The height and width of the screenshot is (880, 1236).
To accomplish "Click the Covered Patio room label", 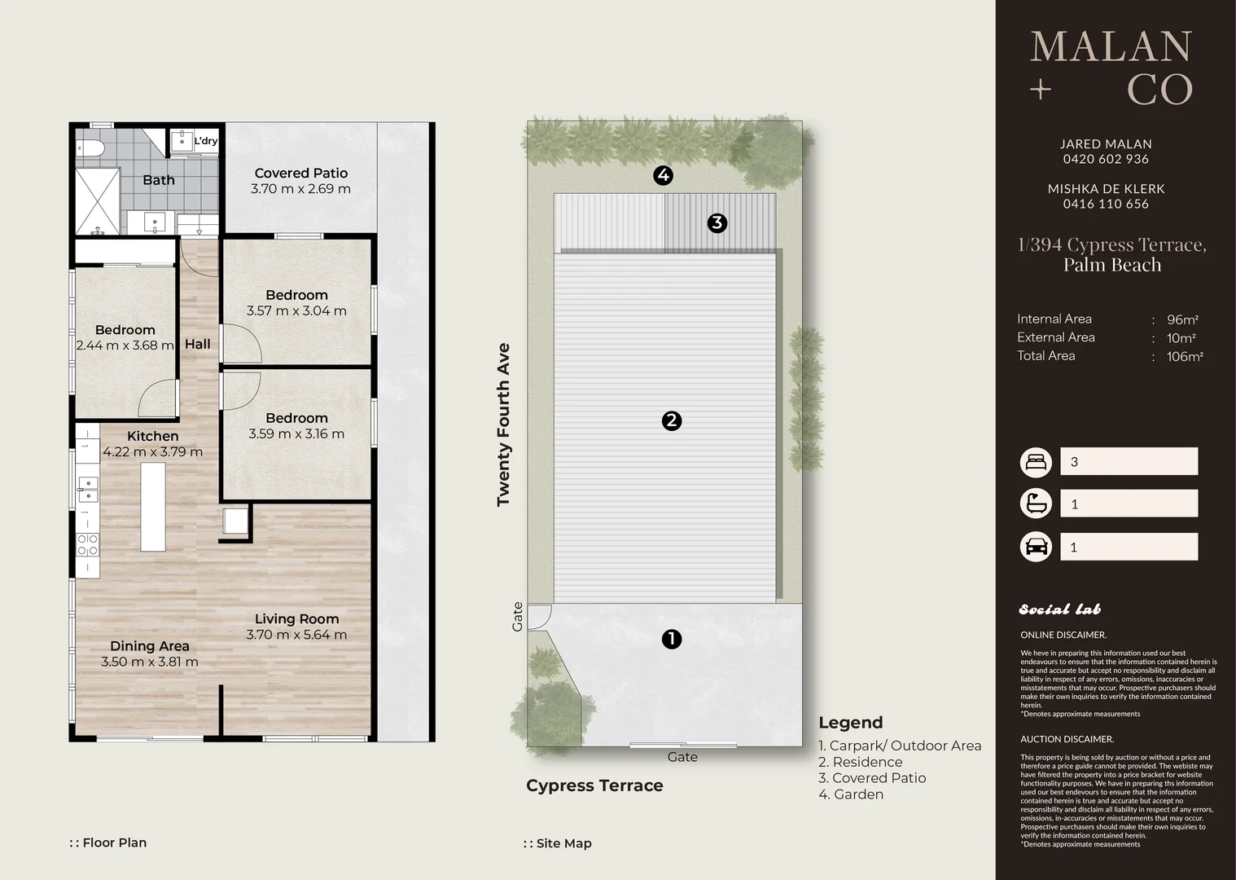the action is click(x=300, y=174).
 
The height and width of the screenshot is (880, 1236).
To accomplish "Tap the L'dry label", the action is click(x=206, y=141).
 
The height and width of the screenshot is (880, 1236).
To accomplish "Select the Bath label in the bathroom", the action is click(x=159, y=180).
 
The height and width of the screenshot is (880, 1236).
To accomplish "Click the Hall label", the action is click(x=198, y=344).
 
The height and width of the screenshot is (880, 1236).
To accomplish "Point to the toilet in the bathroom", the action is click(x=90, y=148).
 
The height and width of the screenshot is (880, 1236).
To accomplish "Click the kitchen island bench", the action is click(x=153, y=507).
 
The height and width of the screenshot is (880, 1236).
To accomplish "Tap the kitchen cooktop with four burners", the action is click(x=87, y=544).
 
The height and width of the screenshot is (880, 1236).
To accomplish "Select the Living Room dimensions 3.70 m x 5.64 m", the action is click(x=296, y=635).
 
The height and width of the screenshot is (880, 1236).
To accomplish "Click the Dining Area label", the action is click(x=150, y=646).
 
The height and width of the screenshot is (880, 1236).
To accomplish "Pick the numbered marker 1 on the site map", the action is click(x=672, y=640).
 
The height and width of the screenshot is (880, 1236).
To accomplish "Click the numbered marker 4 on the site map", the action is click(x=663, y=175).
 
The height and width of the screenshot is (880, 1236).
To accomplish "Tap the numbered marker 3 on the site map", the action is click(x=717, y=223).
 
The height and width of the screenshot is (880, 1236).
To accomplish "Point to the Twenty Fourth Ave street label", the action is click(x=503, y=425).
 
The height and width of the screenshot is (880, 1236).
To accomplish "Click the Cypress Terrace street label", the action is click(x=594, y=785).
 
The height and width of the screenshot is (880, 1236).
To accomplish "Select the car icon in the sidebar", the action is click(x=1036, y=547).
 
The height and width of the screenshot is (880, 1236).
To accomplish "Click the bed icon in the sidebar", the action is click(x=1036, y=462).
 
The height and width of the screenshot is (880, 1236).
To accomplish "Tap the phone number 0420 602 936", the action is click(x=1106, y=159).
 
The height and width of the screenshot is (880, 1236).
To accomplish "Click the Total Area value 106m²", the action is click(x=1185, y=357).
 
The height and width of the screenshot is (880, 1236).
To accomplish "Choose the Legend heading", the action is click(x=850, y=723).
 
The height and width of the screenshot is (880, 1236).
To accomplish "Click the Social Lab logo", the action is click(x=1059, y=609).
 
